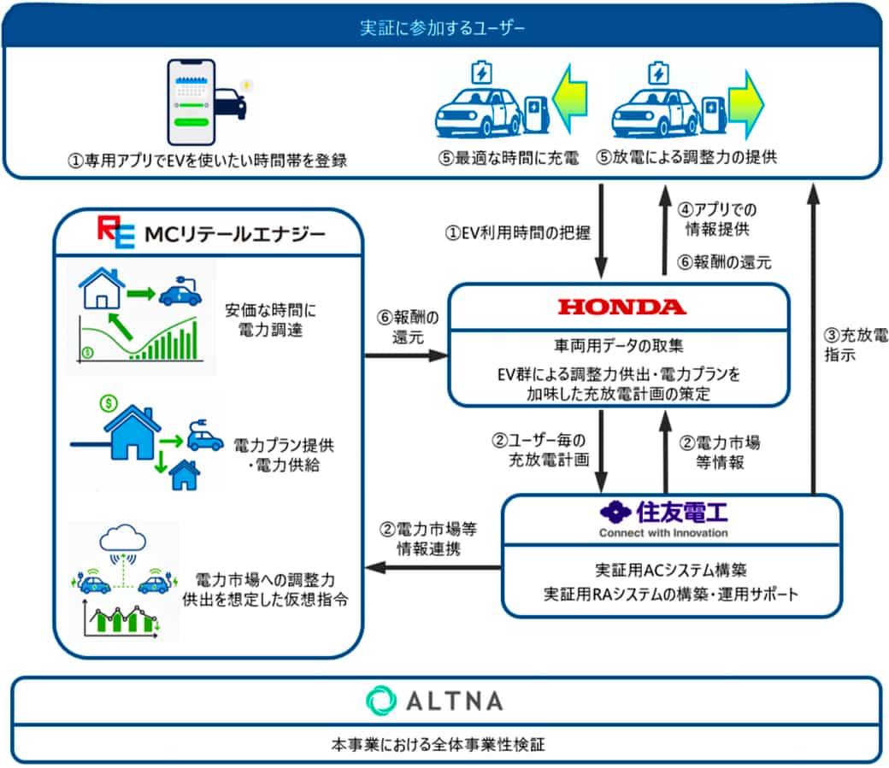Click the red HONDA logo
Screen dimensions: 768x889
click(621, 307)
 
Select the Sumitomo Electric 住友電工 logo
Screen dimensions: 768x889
click(663, 514)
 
